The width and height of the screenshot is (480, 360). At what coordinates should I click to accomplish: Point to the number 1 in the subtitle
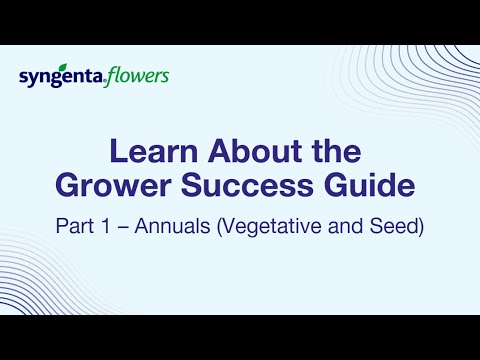pyautogui.click(x=105, y=226)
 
